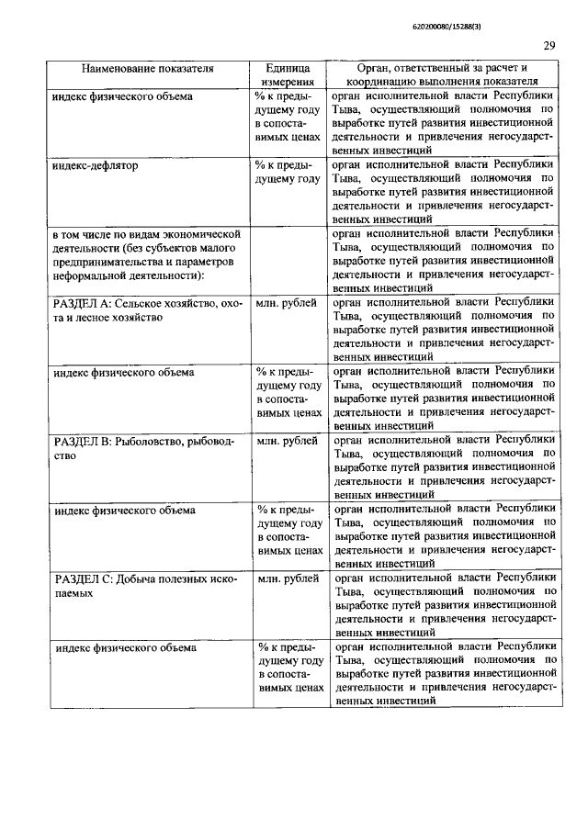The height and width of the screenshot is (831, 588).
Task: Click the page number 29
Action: [548, 47]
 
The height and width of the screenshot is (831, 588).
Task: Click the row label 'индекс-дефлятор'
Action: [94, 166]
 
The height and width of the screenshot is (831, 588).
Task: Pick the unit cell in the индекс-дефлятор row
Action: [288, 173]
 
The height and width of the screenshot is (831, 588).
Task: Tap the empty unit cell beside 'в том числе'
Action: [288, 261]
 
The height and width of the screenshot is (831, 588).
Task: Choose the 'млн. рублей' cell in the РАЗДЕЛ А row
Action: [288, 303]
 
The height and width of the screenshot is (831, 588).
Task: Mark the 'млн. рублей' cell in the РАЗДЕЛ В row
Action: [288, 442]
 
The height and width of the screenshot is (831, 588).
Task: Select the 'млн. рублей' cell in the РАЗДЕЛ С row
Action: [288, 579]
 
